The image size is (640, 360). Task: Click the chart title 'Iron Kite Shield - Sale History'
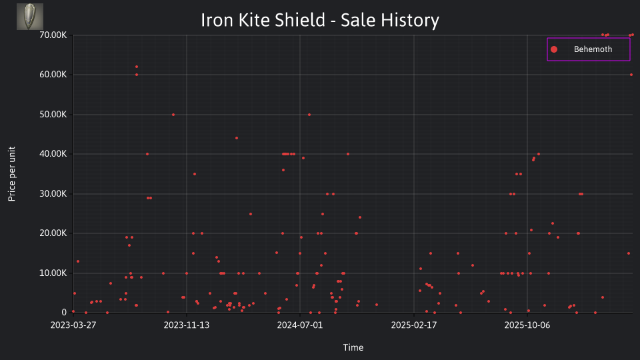pos(320,20)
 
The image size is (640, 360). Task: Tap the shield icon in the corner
pos(30,17)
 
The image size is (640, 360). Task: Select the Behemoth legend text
pos(593,49)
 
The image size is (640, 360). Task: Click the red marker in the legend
pos(554,49)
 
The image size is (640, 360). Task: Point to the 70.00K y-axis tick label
pos(53,35)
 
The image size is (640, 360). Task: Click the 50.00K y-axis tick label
pos(53,114)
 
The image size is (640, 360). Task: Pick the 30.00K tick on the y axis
pos(53,194)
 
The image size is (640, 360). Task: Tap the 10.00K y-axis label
pos(53,273)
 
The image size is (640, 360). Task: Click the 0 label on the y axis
pos(64,312)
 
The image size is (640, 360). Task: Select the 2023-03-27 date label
pos(73,325)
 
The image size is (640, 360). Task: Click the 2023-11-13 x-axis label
pos(187,325)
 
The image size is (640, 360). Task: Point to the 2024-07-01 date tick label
pos(300,325)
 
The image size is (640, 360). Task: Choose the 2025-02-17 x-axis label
pos(414,325)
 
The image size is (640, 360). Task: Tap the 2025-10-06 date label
pos(527,325)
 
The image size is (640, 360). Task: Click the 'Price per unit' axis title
pos(12,174)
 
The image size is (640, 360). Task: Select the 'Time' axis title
pos(353,347)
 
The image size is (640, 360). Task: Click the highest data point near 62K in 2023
pos(137,67)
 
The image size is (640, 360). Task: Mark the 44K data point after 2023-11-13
pos(236,138)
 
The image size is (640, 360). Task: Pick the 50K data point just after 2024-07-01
pos(309,115)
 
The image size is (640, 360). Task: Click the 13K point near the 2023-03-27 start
pos(78,261)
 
